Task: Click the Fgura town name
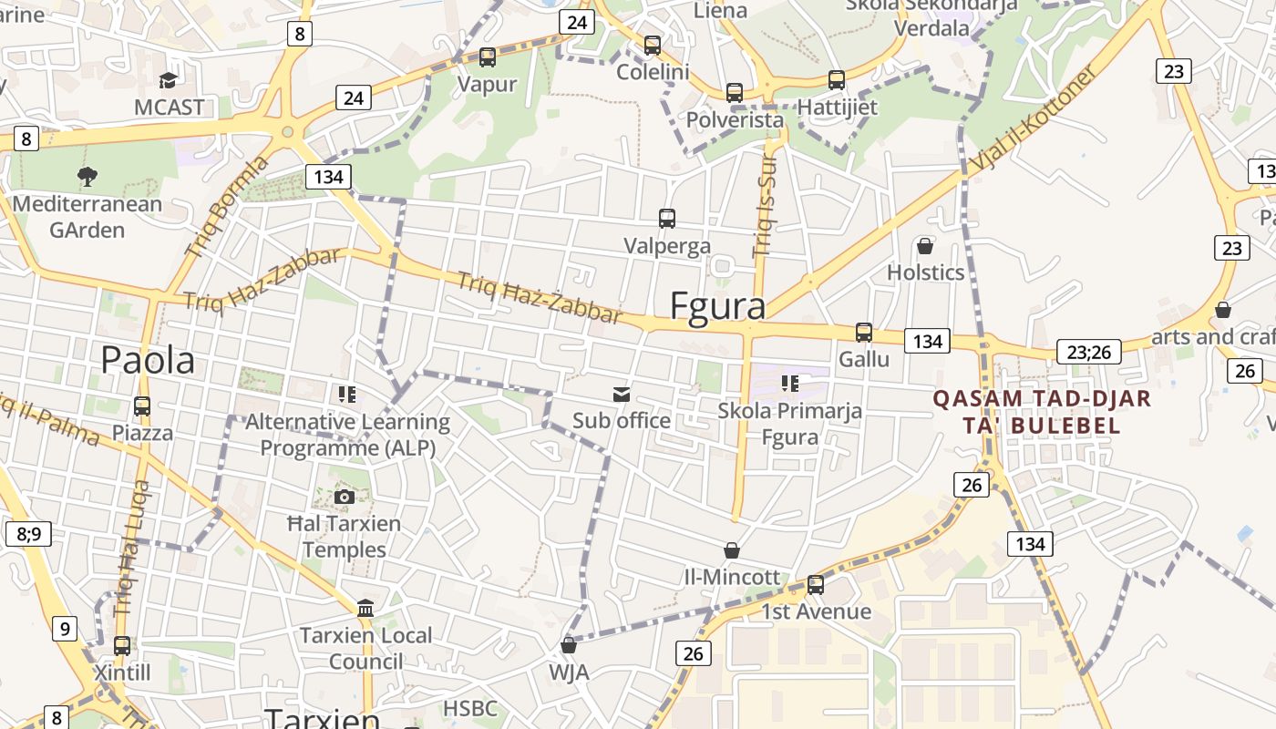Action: pyautogui.click(x=717, y=307)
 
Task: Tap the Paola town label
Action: pyautogui.click(x=148, y=360)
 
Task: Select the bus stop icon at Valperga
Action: pyautogui.click(x=667, y=219)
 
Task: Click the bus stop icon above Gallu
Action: pyautogui.click(x=864, y=333)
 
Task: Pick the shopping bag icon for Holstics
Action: pyautogui.click(x=925, y=246)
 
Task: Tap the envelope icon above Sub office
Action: pyautogui.click(x=622, y=394)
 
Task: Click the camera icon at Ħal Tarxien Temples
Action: pyautogui.click(x=345, y=497)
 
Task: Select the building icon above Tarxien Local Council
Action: pyautogui.click(x=365, y=608)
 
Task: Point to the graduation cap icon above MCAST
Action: pyautogui.click(x=168, y=80)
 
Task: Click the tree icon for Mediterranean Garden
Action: pyautogui.click(x=87, y=176)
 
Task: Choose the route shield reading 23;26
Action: pyautogui.click(x=1088, y=352)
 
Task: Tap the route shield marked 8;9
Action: pyautogui.click(x=28, y=533)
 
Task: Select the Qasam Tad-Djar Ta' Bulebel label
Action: pyautogui.click(x=1042, y=412)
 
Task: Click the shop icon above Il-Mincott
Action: pyautogui.click(x=731, y=550)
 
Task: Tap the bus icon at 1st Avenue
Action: pyautogui.click(x=816, y=585)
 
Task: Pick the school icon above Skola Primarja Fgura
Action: pyautogui.click(x=789, y=384)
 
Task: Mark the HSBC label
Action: pyautogui.click(x=470, y=708)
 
